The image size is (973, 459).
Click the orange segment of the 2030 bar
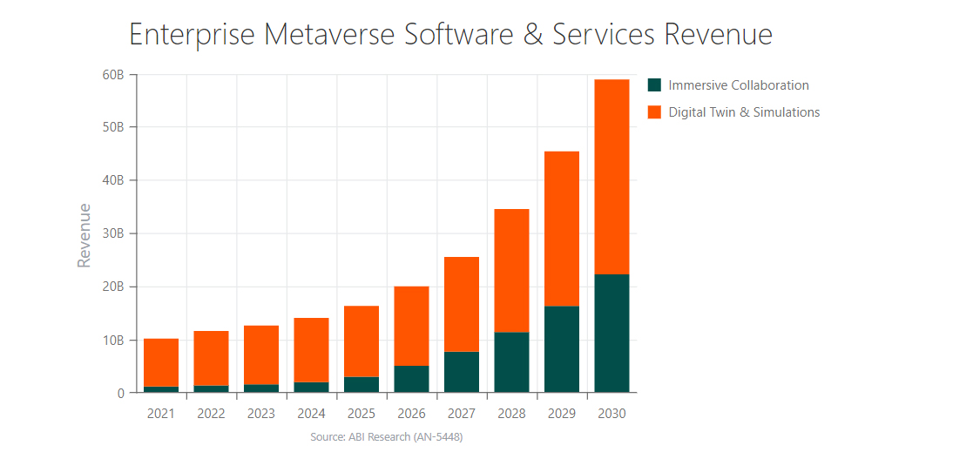point(612,177)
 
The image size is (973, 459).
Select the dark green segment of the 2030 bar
point(612,334)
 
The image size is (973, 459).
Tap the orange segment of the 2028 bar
point(511,271)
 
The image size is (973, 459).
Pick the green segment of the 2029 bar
point(562,349)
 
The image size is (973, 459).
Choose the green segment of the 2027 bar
point(462,372)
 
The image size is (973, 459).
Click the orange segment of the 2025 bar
point(361,341)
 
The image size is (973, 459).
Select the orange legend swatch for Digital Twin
point(655,112)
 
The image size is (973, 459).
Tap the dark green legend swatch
point(655,85)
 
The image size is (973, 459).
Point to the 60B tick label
point(113,75)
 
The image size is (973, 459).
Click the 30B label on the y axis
point(113,233)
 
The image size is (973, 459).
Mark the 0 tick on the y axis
point(120,394)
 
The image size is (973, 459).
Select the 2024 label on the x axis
point(311,414)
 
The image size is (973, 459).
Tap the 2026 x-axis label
point(411,414)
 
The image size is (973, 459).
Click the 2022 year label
point(211,414)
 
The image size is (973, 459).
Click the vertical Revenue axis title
point(84,235)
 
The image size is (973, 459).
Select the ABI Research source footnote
point(386,436)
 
